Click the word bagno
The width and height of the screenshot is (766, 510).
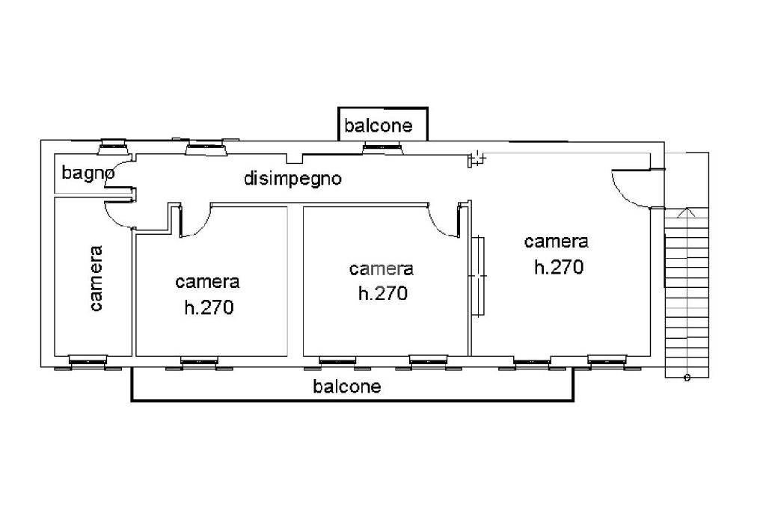pos(88,173)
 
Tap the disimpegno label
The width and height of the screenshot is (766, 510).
pos(292,179)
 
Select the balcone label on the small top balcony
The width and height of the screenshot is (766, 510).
pos(379,126)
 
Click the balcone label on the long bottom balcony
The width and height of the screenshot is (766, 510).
pos(347,387)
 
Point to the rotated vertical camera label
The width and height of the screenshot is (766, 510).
pos(96,278)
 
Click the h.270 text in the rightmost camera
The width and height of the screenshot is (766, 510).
pos(558,267)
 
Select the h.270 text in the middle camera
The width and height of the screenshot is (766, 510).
pos(382,293)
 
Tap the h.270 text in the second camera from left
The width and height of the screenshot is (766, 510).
pos(209,307)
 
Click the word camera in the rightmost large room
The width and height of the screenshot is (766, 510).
pos(556,242)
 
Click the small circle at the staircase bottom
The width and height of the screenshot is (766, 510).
pos(687,378)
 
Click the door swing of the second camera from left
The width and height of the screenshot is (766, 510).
pos(195,222)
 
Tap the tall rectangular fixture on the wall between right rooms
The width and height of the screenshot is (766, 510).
pos(478,276)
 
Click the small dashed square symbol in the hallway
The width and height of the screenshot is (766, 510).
pos(477,158)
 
